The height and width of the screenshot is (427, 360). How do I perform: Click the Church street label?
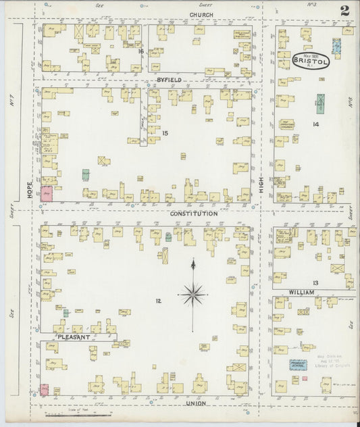(201, 14)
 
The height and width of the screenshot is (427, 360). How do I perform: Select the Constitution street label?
(194, 214)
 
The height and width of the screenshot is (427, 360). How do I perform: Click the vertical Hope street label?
(30, 192)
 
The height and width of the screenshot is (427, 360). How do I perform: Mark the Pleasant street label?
(74, 336)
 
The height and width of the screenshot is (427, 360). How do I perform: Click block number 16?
(140, 51)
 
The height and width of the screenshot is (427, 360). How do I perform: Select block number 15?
(164, 133)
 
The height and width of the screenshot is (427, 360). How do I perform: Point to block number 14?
(315, 124)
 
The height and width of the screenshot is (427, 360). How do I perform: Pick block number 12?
(158, 301)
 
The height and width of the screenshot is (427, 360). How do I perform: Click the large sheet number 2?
(344, 10)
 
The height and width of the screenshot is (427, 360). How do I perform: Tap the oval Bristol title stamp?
(311, 61)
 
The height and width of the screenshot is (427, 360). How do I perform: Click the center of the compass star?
(193, 293)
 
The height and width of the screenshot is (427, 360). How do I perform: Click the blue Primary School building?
(298, 364)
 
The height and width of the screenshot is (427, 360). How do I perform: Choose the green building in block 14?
(321, 103)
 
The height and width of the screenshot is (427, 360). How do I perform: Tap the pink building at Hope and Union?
(45, 389)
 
